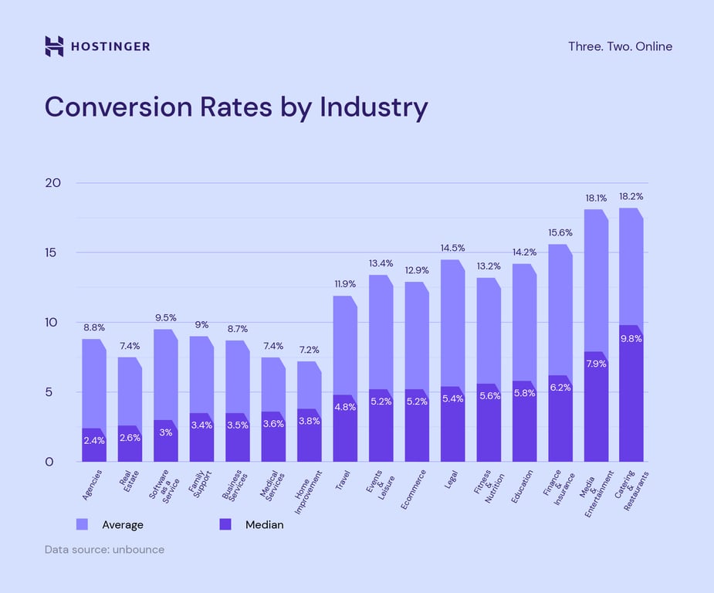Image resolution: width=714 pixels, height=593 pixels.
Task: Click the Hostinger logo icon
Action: (x=54, y=46)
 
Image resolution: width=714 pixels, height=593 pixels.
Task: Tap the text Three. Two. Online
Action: (x=620, y=46)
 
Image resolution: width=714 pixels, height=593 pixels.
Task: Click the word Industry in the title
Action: (x=374, y=107)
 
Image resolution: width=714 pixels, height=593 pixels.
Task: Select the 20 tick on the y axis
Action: (x=53, y=183)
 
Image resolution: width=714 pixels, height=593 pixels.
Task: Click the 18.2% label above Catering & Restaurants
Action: (x=631, y=197)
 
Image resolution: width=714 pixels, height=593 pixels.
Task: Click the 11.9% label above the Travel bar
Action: (x=345, y=284)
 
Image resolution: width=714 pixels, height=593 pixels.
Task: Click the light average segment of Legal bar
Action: (x=452, y=324)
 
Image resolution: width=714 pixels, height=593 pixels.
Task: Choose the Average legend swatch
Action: (x=82, y=525)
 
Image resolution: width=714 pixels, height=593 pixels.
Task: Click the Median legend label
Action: (x=264, y=525)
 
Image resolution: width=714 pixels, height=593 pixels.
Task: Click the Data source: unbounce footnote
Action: (x=104, y=550)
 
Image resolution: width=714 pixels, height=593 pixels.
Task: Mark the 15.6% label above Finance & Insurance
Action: (x=560, y=233)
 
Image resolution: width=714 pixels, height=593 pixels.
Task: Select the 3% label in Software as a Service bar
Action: (x=165, y=432)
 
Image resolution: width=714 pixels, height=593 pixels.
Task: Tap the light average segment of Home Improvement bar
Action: (x=309, y=386)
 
